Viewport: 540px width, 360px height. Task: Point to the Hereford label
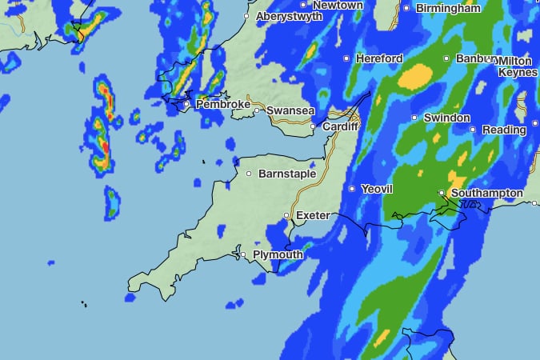[380, 58]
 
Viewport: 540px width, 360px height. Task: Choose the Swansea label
[290, 110]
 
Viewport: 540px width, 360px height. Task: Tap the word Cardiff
[341, 126]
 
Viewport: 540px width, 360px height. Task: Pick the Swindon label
[446, 118]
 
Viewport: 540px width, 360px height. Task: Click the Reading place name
[504, 130]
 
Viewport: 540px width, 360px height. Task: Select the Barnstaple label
[287, 174]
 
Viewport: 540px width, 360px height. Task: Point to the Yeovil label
[377, 189]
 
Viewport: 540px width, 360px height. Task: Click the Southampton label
[486, 194]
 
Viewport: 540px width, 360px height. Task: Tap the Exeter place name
[313, 216]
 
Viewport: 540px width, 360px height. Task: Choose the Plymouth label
[278, 255]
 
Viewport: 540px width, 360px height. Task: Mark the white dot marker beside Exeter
[287, 216]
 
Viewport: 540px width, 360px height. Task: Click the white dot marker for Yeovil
[352, 189]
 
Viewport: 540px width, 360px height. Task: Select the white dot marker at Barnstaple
[249, 174]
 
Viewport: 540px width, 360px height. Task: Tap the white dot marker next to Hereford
[346, 58]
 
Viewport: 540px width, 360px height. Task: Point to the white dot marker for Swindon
[414, 118]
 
